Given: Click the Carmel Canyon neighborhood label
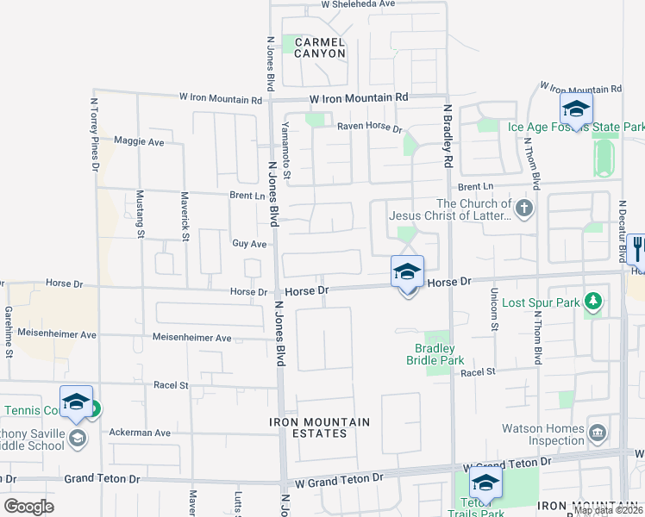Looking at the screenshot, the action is point(320,47).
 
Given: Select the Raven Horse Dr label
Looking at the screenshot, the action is point(370,128).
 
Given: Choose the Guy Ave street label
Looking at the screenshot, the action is point(249,244).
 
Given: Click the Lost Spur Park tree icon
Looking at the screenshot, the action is point(592,302).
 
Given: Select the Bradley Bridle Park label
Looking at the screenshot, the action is point(435,354).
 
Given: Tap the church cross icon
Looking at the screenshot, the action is point(523,207).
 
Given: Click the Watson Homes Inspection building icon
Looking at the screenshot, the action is point(597,431).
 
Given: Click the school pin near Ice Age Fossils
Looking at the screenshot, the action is point(575,109).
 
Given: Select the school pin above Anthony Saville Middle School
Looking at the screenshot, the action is point(77,402).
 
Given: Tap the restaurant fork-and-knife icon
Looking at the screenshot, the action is point(638,247).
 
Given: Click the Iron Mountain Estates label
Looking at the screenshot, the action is point(320,427).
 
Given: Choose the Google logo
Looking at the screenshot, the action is point(28,506).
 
